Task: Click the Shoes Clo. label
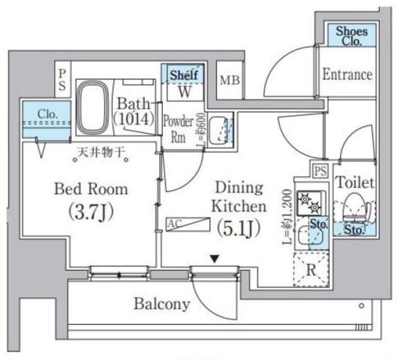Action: pos(350,35)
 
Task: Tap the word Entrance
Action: pos(347,74)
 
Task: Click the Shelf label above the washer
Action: pos(182,75)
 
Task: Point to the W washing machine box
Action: pos(182,91)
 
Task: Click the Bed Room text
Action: pos(90,188)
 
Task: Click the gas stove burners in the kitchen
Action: pos(308,201)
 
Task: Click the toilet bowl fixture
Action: pos(351,206)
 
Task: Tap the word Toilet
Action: pos(351,181)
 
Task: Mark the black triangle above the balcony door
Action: pos(215,259)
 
